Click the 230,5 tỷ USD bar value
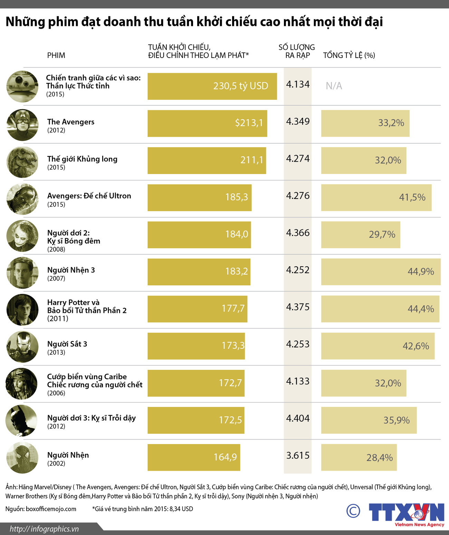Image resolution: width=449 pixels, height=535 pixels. tap(240, 86)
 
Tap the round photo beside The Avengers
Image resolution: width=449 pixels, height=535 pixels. tap(22, 125)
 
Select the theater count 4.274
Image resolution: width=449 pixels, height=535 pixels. tap(298, 159)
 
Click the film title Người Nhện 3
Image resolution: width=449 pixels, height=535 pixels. tap(71, 270)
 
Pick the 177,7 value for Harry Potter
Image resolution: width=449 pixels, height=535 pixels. tap(233, 308)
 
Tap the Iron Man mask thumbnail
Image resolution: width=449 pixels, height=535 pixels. tap(22, 347)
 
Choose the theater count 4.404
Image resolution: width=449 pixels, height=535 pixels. tap(298, 419)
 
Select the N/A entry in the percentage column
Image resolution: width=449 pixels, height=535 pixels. tap(334, 86)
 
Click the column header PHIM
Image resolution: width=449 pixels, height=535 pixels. tap(56, 56)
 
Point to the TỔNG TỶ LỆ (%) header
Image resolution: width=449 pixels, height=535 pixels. tap(349, 56)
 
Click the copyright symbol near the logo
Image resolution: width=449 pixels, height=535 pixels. tap(353, 511)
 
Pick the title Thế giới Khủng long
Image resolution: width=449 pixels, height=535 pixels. tap(82, 159)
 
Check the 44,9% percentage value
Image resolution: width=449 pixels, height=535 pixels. tap(421, 272)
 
